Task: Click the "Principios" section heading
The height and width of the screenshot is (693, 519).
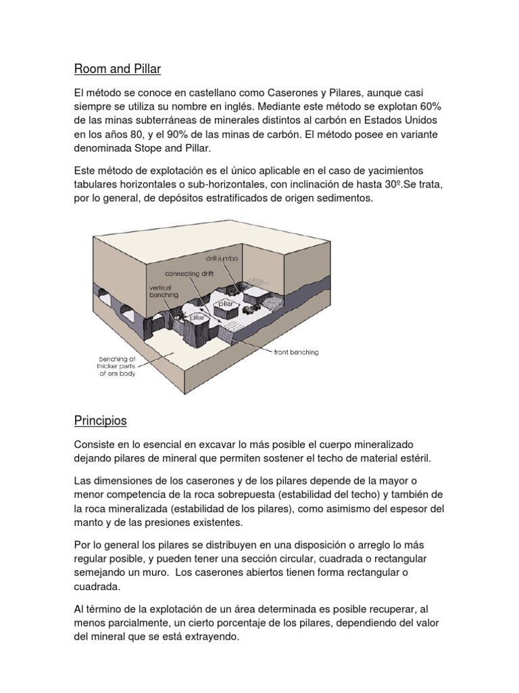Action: (x=100, y=420)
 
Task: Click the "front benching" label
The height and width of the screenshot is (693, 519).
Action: (x=297, y=352)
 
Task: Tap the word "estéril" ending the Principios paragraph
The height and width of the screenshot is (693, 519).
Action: (x=428, y=458)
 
